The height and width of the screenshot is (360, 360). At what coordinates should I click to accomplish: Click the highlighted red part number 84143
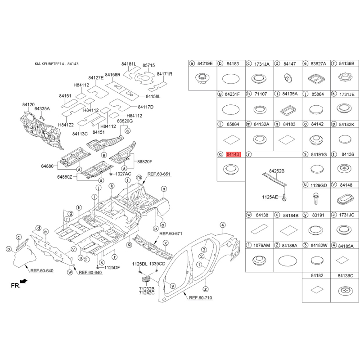(x=233, y=154)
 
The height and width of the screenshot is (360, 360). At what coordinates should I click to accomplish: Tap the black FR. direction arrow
(x=24, y=281)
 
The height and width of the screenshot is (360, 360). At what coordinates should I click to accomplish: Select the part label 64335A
(x=42, y=108)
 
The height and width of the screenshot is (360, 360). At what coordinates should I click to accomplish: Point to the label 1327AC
(x=123, y=174)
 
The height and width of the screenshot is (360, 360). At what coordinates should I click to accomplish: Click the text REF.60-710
(x=200, y=298)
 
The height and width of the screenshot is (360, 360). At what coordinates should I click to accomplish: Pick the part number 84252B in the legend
(x=277, y=171)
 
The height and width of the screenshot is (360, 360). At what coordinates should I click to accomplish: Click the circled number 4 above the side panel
(x=222, y=225)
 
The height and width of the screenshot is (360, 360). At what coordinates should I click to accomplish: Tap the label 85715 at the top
(x=148, y=65)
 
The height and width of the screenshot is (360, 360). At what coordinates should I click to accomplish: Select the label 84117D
(x=145, y=107)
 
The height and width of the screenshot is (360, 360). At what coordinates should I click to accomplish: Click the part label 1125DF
(x=112, y=267)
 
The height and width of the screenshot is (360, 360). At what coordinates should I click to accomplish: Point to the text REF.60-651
(x=159, y=174)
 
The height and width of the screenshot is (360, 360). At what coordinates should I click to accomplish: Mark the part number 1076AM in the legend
(x=261, y=245)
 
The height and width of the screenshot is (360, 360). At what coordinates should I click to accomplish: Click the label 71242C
(x=147, y=293)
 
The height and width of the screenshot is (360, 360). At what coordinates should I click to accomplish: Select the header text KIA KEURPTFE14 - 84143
(x=57, y=64)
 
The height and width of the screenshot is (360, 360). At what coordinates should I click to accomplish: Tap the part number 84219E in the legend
(x=205, y=63)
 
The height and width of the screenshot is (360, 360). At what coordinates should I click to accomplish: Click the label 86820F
(x=144, y=162)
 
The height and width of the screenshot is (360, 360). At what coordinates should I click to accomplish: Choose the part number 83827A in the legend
(x=318, y=64)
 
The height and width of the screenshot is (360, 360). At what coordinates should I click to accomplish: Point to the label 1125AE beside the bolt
(x=270, y=197)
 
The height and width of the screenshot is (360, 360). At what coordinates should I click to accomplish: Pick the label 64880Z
(x=65, y=177)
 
